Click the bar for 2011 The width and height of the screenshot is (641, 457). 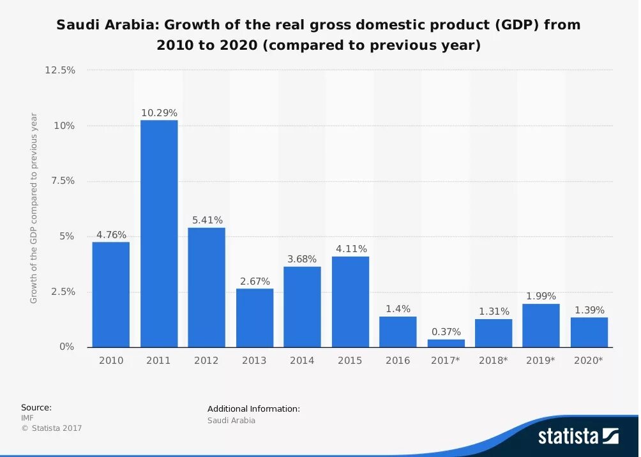pyautogui.click(x=159, y=233)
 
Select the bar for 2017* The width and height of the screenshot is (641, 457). pyautogui.click(x=446, y=343)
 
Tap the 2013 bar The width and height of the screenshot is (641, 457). pyautogui.click(x=255, y=317)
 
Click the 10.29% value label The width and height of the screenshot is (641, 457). pyautogui.click(x=159, y=113)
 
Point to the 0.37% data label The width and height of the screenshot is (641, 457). pyautogui.click(x=446, y=332)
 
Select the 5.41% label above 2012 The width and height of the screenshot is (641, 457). pyautogui.click(x=207, y=220)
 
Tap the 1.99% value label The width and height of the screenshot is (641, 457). pyautogui.click(x=541, y=296)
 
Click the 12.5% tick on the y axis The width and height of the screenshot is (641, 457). pyautogui.click(x=60, y=70)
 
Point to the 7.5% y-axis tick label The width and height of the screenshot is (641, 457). pyautogui.click(x=63, y=181)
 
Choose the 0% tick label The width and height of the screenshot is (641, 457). pyautogui.click(x=67, y=347)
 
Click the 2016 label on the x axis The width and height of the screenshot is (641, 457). pyautogui.click(x=398, y=361)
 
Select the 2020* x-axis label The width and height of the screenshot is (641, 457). pyautogui.click(x=588, y=361)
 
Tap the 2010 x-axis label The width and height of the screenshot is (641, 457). pyautogui.click(x=111, y=361)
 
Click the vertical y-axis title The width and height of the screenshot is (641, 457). pyautogui.click(x=34, y=208)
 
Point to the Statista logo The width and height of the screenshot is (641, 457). pyautogui.click(x=578, y=437)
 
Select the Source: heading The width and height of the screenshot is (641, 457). pyautogui.click(x=36, y=407)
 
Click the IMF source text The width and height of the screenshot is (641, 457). pyautogui.click(x=27, y=417)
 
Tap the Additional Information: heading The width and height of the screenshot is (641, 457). pyautogui.click(x=253, y=408)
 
